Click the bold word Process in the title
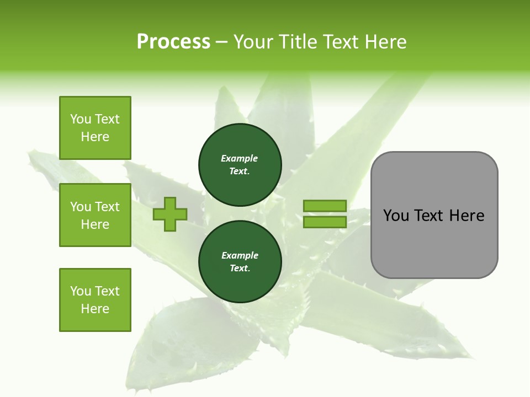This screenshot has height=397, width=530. click(173, 42)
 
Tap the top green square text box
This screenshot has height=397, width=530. click(95, 128)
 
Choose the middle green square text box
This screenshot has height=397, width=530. click(95, 215)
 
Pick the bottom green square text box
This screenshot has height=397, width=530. click(95, 300)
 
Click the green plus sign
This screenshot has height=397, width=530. click(170, 214)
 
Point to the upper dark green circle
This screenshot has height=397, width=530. click(240, 165)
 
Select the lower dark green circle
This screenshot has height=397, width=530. click(240, 262)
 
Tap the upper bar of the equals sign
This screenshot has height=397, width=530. click(325, 206)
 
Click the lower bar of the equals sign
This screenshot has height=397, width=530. click(325, 222)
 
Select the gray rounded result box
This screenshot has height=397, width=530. click(434, 243)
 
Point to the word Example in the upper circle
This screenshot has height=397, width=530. click(240, 158)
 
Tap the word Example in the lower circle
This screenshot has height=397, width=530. click(240, 255)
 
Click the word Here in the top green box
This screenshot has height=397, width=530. click(95, 137)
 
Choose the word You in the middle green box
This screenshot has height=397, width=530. click(80, 207)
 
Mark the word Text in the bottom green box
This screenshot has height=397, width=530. click(107, 291)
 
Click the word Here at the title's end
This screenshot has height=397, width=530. click(386, 42)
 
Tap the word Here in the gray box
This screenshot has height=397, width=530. click(467, 216)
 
